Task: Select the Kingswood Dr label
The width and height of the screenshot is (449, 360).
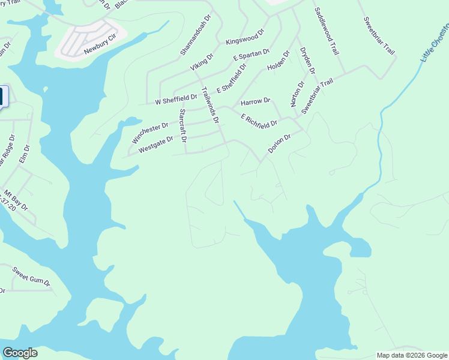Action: tap(244, 37)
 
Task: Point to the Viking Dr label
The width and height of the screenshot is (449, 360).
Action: tap(202, 62)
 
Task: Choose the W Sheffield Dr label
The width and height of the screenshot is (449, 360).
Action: tap(176, 98)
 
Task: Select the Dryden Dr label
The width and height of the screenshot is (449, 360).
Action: tap(307, 61)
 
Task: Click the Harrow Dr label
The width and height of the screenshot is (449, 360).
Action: tap(255, 100)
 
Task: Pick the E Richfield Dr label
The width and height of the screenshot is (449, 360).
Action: tap(259, 120)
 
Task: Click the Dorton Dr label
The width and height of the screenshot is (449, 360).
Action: tap(279, 143)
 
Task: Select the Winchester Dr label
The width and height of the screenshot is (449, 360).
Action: tap(150, 133)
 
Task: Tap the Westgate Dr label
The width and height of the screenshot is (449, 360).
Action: tap(155, 145)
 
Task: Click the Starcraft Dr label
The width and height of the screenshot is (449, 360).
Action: tap(183, 125)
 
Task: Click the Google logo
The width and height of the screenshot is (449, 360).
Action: tap(20, 353)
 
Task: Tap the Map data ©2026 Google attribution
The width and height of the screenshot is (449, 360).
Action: tap(412, 355)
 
